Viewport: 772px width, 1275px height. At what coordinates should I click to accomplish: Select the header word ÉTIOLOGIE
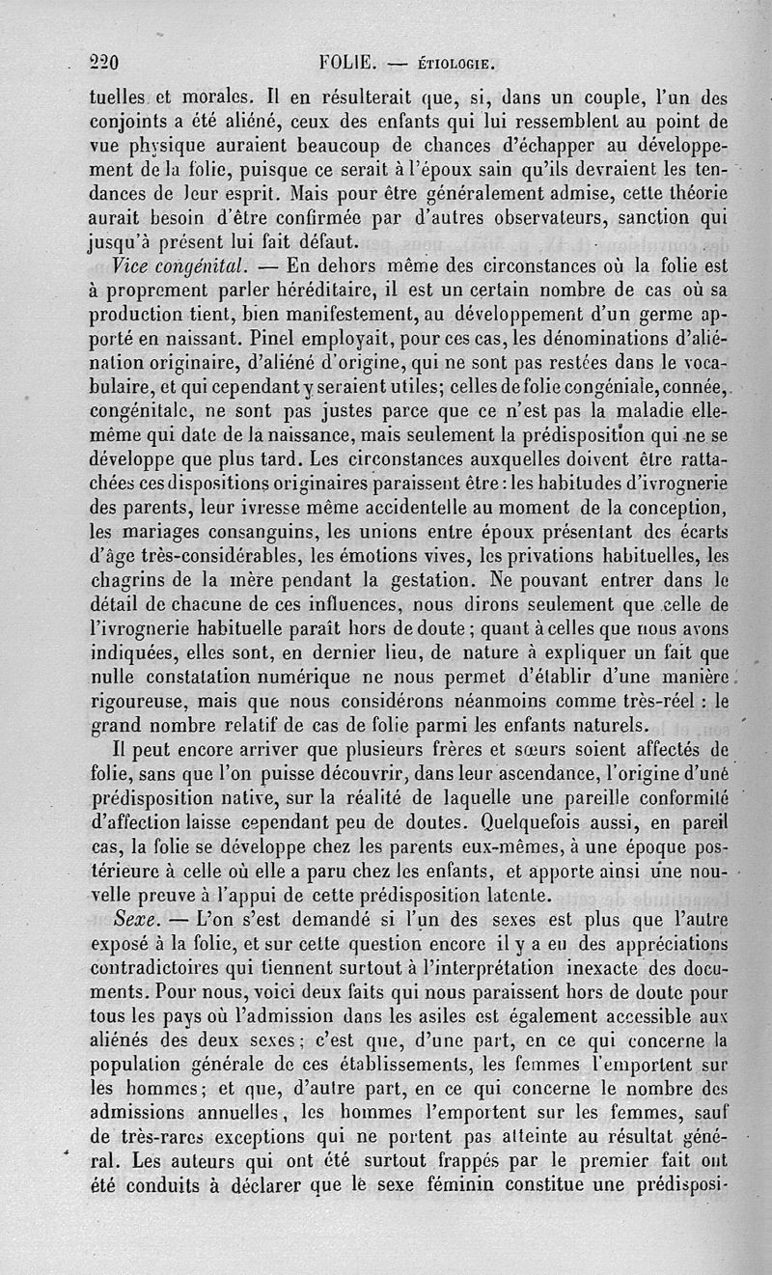[455, 66]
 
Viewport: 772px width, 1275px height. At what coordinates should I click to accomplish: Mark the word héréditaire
[307, 289]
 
